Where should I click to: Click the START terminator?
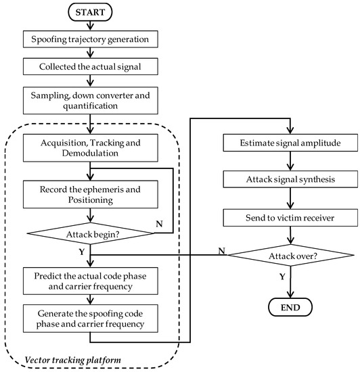click(x=90, y=13)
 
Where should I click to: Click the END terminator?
click(x=290, y=307)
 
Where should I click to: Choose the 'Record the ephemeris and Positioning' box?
click(x=90, y=194)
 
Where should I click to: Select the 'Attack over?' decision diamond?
click(x=290, y=256)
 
